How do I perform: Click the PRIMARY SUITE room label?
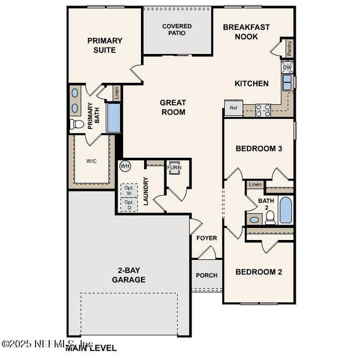click(x=105, y=45)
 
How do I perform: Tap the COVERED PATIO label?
click(x=177, y=29)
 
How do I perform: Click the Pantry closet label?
click(x=290, y=48)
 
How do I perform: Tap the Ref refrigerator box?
click(x=233, y=109)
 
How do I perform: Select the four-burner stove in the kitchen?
click(x=263, y=110)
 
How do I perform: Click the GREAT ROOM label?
click(x=173, y=107)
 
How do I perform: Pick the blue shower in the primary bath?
click(x=113, y=118)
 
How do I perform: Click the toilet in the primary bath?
click(x=77, y=124)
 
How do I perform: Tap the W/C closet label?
click(x=91, y=161)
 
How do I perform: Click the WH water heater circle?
click(x=125, y=166)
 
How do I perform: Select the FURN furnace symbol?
click(x=175, y=167)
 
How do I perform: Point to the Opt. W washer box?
click(x=128, y=189)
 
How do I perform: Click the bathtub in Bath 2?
click(x=286, y=210)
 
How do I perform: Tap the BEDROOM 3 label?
click(x=259, y=148)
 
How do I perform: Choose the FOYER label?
click(x=206, y=238)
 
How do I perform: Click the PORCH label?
click(x=206, y=275)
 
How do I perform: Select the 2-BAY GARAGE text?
click(x=128, y=275)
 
